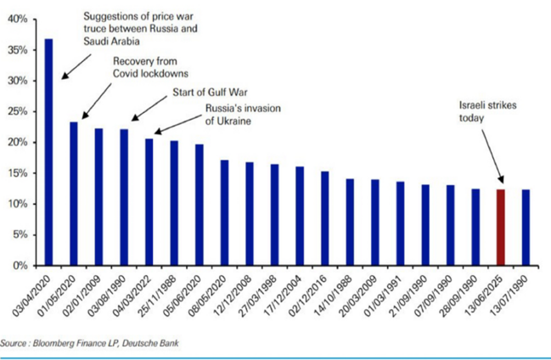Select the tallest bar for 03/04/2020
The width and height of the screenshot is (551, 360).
[x=49, y=153]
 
